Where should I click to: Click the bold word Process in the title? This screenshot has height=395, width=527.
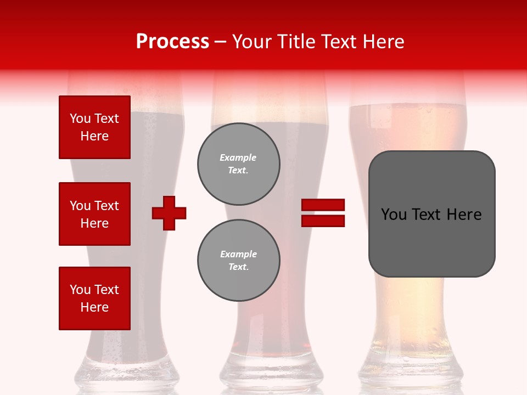[x=172, y=42]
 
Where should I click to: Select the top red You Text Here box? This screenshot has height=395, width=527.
[x=94, y=127]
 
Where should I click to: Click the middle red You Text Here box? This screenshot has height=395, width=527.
[x=94, y=214]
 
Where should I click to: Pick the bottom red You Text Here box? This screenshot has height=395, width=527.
[x=94, y=298]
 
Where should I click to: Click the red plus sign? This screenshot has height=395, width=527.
[x=169, y=213]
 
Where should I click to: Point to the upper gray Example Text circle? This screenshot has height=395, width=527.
[x=238, y=164]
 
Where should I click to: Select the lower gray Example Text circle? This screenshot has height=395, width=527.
[x=238, y=261]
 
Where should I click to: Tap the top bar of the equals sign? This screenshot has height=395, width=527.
[x=323, y=205]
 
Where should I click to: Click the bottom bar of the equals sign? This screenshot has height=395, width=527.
[x=323, y=221]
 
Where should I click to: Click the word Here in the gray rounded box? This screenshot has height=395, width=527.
[x=464, y=215]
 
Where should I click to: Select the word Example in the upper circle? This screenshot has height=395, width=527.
[x=238, y=157]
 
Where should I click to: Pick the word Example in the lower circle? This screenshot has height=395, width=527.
[x=238, y=254]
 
